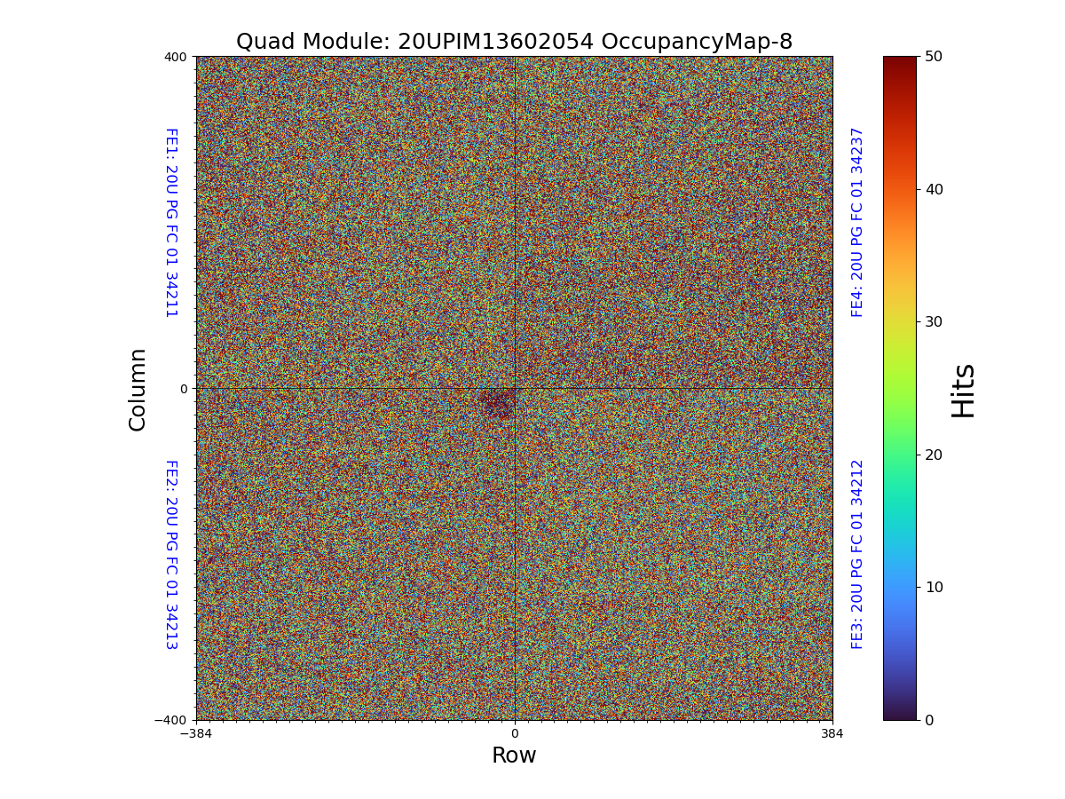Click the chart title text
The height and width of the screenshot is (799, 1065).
pyautogui.click(x=514, y=42)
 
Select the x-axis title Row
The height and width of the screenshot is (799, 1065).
pyautogui.click(x=514, y=755)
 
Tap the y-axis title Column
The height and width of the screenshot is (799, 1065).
pyautogui.click(x=138, y=389)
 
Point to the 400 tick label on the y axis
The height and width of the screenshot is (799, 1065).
pyautogui.click(x=176, y=57)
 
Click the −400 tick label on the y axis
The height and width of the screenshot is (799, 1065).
pyautogui.click(x=171, y=720)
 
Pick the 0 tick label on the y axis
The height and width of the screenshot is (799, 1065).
pyautogui.click(x=184, y=389)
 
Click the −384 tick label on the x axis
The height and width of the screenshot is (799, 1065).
pyautogui.click(x=196, y=734)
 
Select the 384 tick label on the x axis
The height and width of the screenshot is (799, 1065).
pyautogui.click(x=832, y=734)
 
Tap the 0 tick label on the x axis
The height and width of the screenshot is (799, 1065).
pyautogui.click(x=514, y=734)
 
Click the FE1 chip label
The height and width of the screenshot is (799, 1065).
pyautogui.click(x=170, y=222)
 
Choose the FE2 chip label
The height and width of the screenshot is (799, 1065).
pyautogui.click(x=170, y=554)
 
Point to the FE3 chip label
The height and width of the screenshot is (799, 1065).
pyautogui.click(x=857, y=554)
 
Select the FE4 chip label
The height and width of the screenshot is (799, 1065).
pyautogui.click(x=857, y=222)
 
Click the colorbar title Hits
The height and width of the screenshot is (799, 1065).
pyautogui.click(x=964, y=390)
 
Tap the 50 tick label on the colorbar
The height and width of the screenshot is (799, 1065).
pyautogui.click(x=934, y=56)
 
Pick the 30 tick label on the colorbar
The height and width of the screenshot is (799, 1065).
pyautogui.click(x=934, y=321)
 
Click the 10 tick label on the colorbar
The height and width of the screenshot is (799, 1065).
pyautogui.click(x=934, y=587)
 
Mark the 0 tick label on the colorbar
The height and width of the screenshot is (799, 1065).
pyautogui.click(x=929, y=720)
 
